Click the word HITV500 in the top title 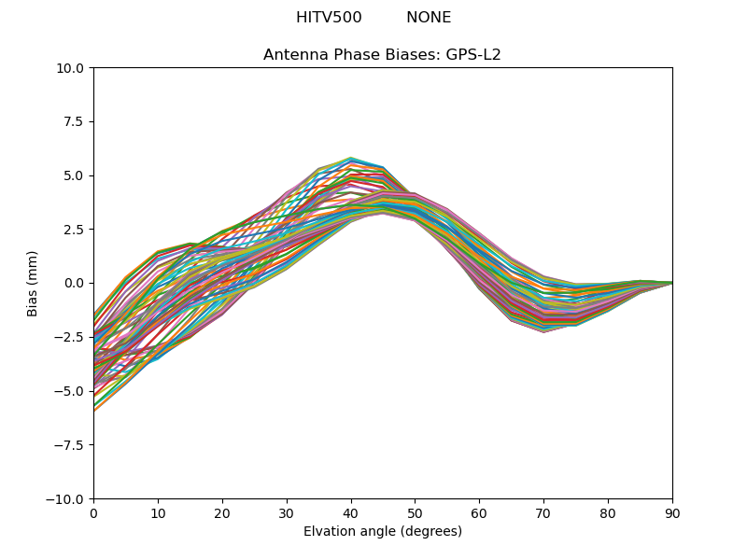click(x=329, y=18)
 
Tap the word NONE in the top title click(x=429, y=18)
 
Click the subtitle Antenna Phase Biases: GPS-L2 click(x=382, y=55)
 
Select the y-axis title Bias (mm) click(x=33, y=283)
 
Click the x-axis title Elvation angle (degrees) click(x=383, y=532)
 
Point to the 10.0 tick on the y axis click(x=71, y=68)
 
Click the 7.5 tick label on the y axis click(x=75, y=122)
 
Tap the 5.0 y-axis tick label click(x=75, y=175)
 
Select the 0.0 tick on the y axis click(x=75, y=284)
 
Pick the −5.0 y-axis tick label click(x=71, y=391)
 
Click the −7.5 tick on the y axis click(x=71, y=445)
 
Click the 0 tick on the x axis click(x=93, y=512)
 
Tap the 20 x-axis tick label click(x=222, y=512)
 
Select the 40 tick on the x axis click(x=351, y=512)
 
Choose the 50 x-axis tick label click(x=415, y=512)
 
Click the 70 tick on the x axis click(x=543, y=512)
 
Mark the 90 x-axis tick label click(x=672, y=512)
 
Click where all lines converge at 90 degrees click(x=672, y=283)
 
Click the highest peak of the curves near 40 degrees click(x=351, y=158)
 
